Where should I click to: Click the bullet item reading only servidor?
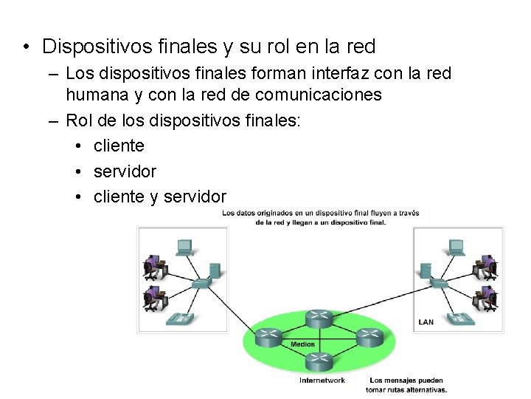point(125,171)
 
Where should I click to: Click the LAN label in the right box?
point(426,321)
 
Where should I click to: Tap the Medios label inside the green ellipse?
point(302,344)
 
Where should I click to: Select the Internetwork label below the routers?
point(322,381)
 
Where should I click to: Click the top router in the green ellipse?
point(319,318)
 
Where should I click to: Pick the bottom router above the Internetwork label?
point(319,362)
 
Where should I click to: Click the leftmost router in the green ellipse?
point(269,338)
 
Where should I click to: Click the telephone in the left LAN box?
point(180,318)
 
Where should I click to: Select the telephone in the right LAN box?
point(462,318)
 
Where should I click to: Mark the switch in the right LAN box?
point(440,282)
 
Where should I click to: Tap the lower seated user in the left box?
point(153,297)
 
